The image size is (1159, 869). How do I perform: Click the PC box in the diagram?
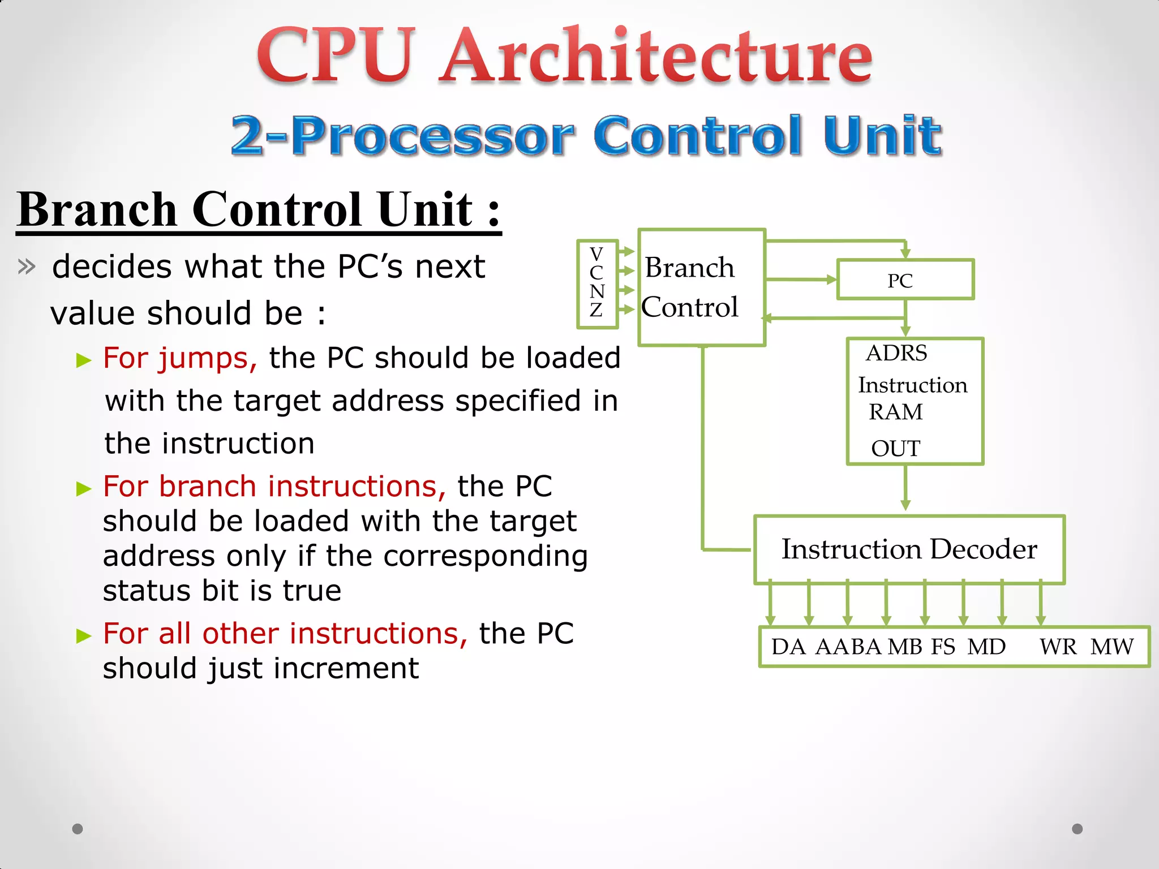coord(904,279)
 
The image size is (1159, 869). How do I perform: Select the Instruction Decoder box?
coord(909,549)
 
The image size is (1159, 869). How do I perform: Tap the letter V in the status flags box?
coord(596,253)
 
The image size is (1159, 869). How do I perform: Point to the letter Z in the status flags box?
coord(596,310)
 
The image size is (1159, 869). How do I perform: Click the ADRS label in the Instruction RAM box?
coord(896,354)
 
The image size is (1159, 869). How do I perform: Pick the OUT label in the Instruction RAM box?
coord(895,449)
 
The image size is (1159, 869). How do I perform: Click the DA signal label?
coord(788,647)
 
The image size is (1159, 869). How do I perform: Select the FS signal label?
coord(943,647)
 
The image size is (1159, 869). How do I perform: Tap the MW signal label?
coord(1112,647)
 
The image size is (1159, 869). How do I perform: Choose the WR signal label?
coord(1058,647)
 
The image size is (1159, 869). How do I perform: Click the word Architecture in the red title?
coord(656,57)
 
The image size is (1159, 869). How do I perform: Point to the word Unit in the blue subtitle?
coord(882,136)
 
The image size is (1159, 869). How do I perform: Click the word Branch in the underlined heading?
coord(97,209)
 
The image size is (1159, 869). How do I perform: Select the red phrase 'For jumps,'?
coord(180,359)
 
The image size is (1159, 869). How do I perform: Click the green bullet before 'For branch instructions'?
coord(84,488)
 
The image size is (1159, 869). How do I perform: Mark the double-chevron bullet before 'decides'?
coord(27,266)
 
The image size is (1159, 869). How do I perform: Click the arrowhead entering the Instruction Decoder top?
coord(905,505)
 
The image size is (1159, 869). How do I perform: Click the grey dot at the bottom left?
coord(78,829)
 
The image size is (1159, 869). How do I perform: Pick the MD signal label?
coord(986,647)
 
